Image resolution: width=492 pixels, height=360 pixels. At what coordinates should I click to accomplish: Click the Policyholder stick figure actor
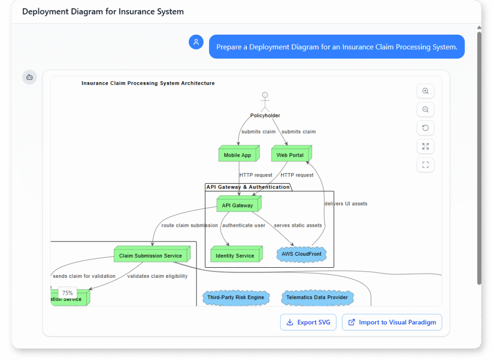265,102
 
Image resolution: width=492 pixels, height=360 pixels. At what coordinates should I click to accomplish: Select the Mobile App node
238,155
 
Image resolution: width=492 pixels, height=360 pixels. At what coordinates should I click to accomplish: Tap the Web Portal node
290,155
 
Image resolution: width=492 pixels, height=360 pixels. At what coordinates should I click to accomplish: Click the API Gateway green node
238,205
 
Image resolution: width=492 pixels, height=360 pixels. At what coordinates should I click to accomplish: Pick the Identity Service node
235,255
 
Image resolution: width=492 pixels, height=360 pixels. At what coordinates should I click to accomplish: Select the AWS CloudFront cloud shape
302,254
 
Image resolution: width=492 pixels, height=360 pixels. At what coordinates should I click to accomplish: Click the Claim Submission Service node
151,255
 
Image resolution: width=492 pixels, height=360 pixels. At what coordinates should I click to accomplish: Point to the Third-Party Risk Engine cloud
236,298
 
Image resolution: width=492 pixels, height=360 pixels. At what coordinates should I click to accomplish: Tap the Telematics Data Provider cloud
317,298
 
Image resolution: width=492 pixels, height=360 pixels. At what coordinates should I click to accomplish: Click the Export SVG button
308,323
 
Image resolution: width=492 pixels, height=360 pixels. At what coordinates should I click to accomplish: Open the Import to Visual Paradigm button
392,323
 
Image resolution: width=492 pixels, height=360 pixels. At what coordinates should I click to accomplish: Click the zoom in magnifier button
425,91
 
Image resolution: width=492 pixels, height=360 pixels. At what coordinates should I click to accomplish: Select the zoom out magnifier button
425,110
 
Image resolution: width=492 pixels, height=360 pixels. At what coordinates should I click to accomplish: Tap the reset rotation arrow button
425,128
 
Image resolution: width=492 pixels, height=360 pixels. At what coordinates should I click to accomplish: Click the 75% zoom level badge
67,293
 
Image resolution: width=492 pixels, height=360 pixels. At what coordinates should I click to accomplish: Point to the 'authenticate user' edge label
244,225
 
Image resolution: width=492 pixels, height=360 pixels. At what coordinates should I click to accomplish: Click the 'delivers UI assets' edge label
346,204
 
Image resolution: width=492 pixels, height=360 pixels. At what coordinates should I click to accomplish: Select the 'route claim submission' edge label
189,225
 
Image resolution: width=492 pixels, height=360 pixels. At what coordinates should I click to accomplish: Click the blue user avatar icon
196,42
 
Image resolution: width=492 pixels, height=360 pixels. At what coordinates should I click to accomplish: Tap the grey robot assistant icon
29,77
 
